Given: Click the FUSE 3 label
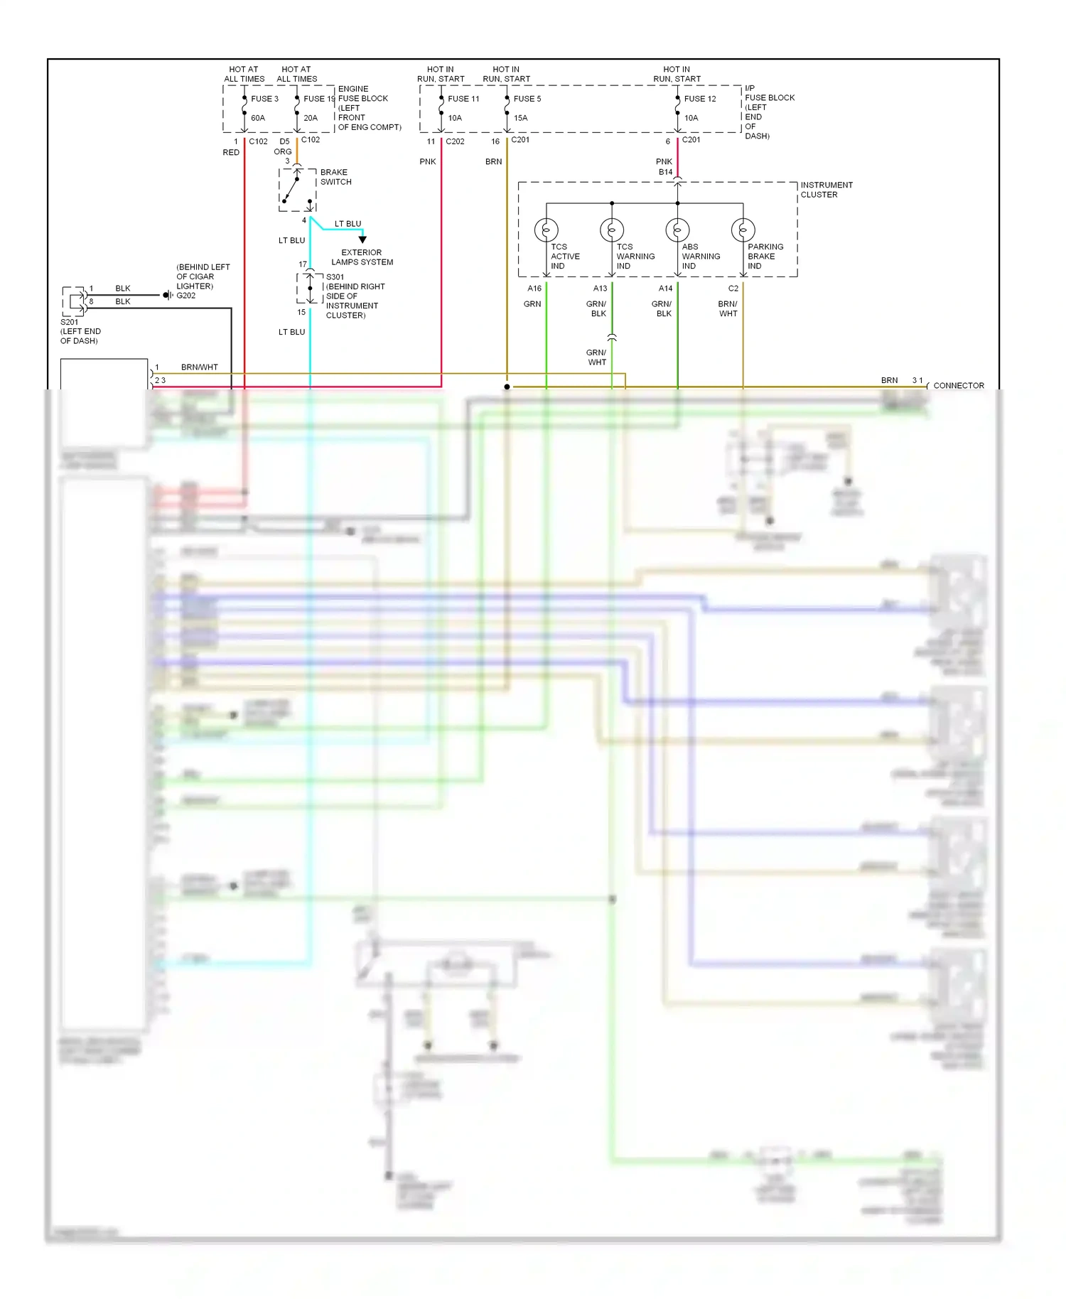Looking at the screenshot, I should [x=264, y=99].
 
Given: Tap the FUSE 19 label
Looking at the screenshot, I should [x=318, y=99].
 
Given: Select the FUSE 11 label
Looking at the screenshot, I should [x=463, y=99].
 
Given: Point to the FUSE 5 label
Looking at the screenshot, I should [x=527, y=99].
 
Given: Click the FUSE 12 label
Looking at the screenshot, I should [x=700, y=99].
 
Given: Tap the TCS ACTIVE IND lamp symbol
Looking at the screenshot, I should [x=547, y=230].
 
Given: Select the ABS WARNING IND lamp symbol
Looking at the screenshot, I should [x=677, y=230].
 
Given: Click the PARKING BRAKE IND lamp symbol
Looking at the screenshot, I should [x=743, y=230].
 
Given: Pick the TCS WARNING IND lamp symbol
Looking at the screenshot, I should [x=612, y=230].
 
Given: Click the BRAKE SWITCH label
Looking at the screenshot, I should [x=335, y=177].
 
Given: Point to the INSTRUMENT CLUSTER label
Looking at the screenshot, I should [x=826, y=190].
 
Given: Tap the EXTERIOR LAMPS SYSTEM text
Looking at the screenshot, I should [x=362, y=257].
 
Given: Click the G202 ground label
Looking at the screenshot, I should [x=186, y=296].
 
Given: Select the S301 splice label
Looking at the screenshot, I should [x=335, y=277].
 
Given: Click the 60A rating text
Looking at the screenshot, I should [x=258, y=118].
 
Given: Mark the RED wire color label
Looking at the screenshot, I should [x=231, y=153].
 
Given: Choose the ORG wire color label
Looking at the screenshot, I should [x=283, y=152].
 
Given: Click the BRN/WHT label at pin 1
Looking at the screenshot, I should [x=199, y=367].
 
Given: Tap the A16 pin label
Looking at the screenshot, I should [x=534, y=289].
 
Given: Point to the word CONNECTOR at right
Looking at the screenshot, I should [x=959, y=386].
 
